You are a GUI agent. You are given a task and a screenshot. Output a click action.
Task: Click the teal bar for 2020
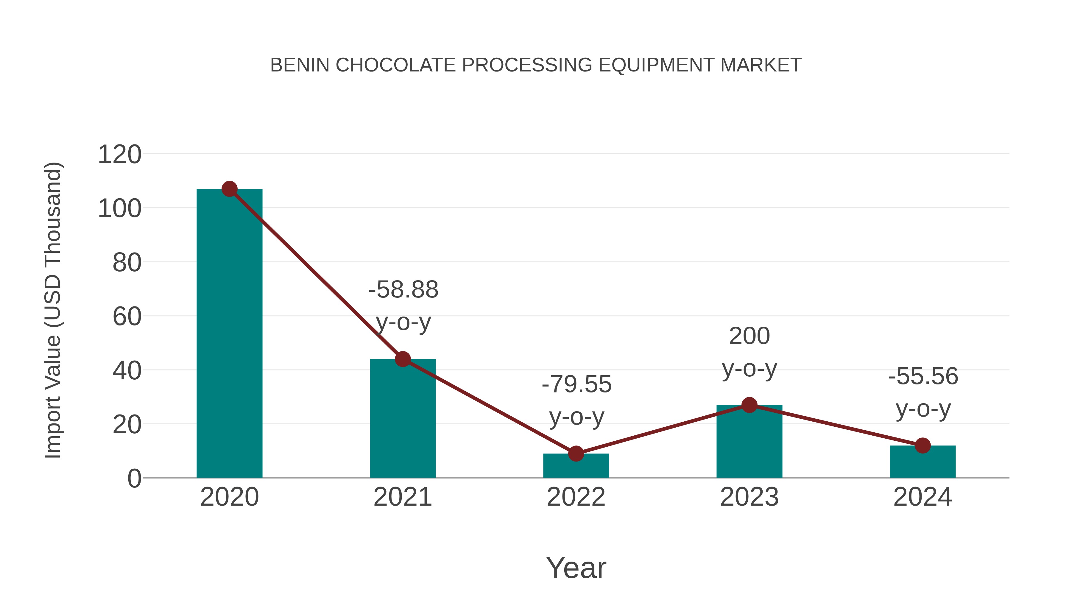click(229, 333)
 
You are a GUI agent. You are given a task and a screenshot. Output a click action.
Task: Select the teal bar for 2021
click(402, 418)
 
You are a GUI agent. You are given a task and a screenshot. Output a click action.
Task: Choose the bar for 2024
click(923, 462)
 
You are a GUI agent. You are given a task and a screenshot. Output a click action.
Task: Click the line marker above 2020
click(229, 189)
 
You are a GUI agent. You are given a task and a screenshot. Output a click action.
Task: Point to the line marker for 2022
click(576, 454)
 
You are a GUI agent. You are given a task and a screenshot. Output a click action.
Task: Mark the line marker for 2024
click(923, 446)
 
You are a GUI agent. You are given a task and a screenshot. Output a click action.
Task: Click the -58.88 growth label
click(403, 290)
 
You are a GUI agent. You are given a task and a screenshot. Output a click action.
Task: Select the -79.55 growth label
click(576, 384)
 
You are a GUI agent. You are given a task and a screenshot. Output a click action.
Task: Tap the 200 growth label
click(750, 336)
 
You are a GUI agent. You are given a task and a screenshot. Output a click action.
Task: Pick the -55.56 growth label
click(923, 376)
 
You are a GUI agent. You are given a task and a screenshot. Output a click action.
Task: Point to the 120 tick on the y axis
click(119, 155)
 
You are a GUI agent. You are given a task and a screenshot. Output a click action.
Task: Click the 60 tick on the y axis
click(127, 317)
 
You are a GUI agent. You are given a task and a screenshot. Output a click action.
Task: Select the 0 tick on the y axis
click(134, 479)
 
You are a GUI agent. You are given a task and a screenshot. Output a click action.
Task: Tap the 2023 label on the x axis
click(749, 497)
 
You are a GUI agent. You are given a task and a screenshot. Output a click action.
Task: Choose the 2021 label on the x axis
click(402, 497)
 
